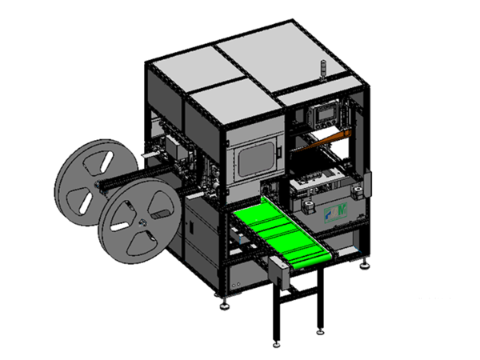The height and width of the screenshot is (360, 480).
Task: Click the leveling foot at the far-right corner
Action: click(x=366, y=264)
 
